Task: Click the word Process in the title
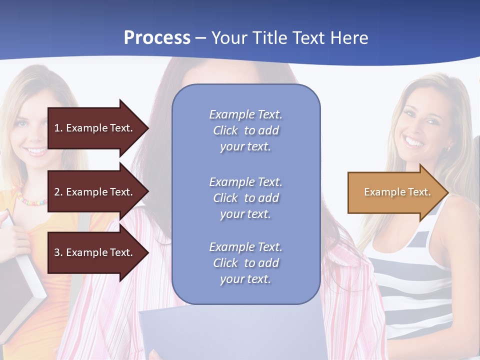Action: (157, 38)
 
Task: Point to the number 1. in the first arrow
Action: (58, 128)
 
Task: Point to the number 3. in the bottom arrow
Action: (58, 252)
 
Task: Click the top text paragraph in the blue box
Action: (245, 130)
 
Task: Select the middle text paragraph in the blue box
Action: (245, 198)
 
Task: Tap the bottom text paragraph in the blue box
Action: (245, 263)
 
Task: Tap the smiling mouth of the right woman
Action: (413, 142)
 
